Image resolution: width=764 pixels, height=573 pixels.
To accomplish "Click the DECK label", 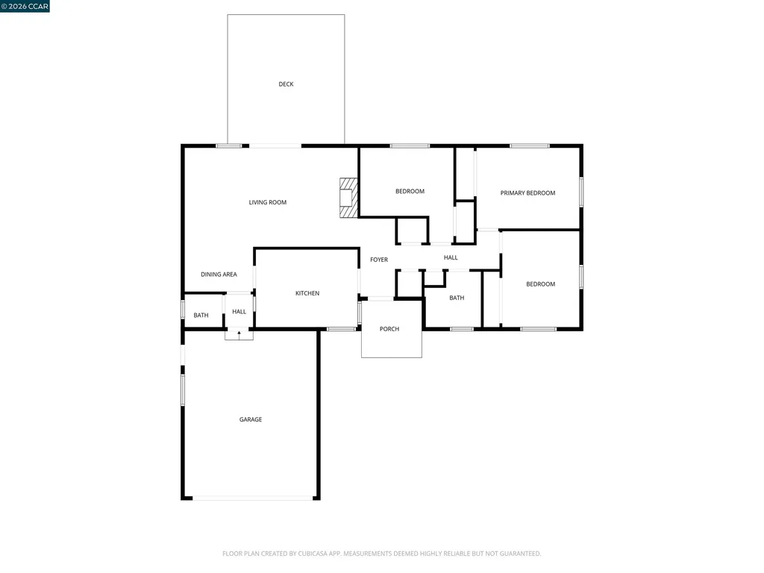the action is (x=286, y=84).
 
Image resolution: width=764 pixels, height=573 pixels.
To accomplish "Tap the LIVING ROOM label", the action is (x=268, y=202).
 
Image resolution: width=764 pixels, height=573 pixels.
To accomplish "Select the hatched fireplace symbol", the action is (x=349, y=198).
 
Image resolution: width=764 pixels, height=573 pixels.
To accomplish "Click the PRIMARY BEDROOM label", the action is (x=527, y=193).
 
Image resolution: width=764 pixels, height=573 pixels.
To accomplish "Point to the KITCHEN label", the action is (x=307, y=293).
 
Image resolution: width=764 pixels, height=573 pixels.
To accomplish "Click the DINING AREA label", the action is (x=219, y=275).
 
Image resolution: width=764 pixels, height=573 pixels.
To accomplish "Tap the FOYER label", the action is (x=379, y=260).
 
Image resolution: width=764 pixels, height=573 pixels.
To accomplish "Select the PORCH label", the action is (x=389, y=329).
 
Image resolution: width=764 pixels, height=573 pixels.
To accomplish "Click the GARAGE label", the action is (x=251, y=419).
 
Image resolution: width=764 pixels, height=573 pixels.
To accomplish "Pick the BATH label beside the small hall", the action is (x=201, y=316).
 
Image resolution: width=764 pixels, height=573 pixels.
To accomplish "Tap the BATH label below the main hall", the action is (x=457, y=298).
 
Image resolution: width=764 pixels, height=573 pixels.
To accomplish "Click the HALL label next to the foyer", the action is (x=451, y=257).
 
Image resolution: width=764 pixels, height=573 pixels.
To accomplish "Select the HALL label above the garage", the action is (x=239, y=312).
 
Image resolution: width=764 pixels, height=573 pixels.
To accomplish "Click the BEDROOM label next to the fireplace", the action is (x=410, y=192).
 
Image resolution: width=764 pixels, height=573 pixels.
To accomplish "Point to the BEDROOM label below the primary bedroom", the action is (x=540, y=284).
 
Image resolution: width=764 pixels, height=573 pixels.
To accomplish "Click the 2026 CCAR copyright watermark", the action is (x=25, y=6).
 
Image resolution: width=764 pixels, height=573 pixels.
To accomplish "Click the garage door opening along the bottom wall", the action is (x=253, y=498).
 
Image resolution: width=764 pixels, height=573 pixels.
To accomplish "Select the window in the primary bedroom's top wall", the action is (x=530, y=145).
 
